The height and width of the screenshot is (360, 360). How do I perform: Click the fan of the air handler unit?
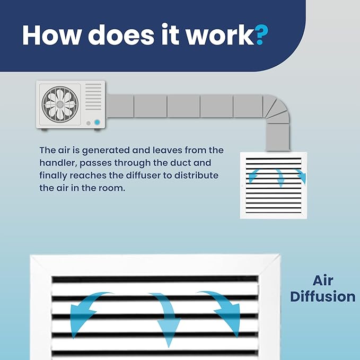pyautogui.click(x=60, y=104)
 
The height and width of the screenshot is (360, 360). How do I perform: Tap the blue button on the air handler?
pyautogui.click(x=97, y=122)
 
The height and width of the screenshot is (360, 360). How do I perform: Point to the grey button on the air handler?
pyautogui.click(x=89, y=124)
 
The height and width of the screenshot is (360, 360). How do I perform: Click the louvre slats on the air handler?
pyautogui.click(x=93, y=96)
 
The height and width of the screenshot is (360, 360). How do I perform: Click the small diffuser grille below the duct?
pyautogui.click(x=274, y=185)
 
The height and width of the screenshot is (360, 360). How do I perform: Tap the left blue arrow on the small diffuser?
pyautogui.click(x=252, y=175)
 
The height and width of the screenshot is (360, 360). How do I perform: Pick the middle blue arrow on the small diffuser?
pyautogui.click(x=279, y=178)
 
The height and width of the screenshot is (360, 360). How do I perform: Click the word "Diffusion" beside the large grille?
pyautogui.click(x=323, y=296)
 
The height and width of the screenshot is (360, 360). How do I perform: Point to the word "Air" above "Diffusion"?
pyautogui.click(x=323, y=280)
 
